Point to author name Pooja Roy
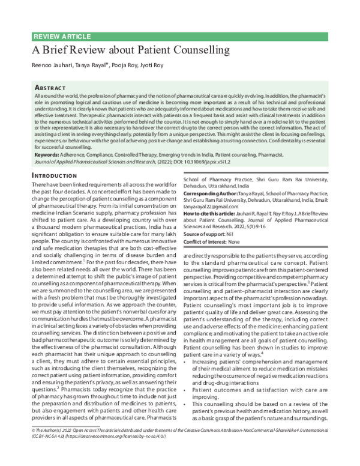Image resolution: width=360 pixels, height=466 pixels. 121,65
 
